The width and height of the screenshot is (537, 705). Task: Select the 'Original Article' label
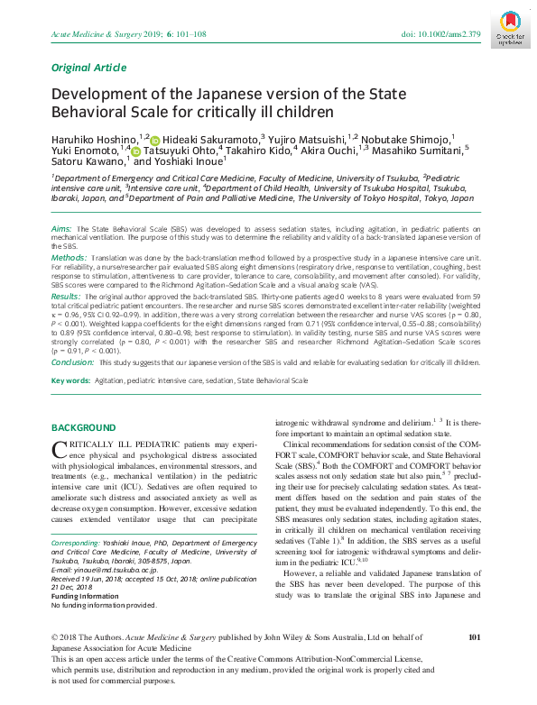click(x=88, y=67)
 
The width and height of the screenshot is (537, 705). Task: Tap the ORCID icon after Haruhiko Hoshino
click(x=153, y=140)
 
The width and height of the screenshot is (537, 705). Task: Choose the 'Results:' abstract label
click(x=67, y=295)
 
